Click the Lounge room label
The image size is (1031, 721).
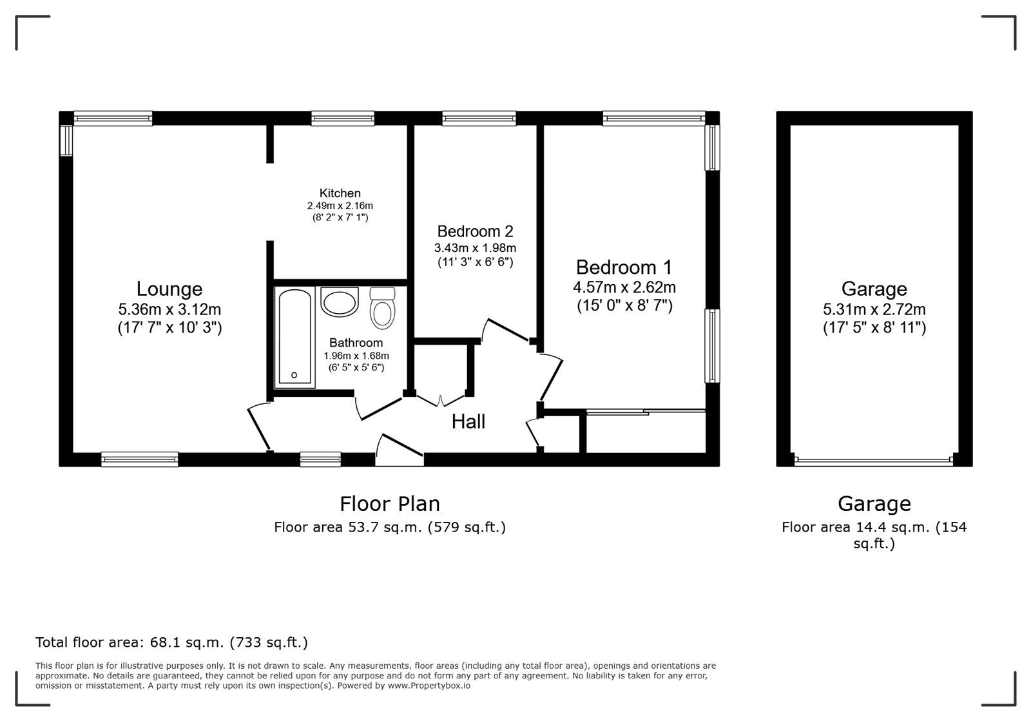coord(169,289)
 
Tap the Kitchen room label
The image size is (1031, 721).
coord(340,193)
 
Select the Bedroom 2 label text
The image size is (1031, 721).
coord(475,231)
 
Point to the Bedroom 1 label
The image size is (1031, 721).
coord(624,267)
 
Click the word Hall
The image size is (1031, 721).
coord(468,422)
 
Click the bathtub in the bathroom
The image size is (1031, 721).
coord(295,338)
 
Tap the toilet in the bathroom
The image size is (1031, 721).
coord(382,309)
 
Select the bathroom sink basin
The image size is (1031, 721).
coord(340,302)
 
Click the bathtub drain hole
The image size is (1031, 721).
coord(294,375)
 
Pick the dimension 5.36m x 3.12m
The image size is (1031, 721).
coord(169,310)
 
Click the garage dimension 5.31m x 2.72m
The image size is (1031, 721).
coord(874,310)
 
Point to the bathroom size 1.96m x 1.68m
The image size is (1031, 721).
coord(356,356)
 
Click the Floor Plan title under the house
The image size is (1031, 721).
coord(390,503)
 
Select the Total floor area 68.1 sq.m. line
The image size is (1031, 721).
coord(171,642)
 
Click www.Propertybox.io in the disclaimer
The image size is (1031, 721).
coord(429,686)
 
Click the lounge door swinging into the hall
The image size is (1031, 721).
coord(259,427)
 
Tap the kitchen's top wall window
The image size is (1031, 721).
coord(342,118)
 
